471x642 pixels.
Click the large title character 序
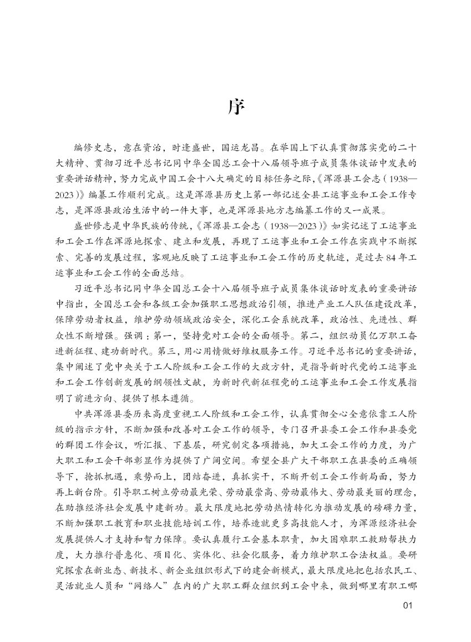pos(236,108)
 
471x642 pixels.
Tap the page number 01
pos(408,605)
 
